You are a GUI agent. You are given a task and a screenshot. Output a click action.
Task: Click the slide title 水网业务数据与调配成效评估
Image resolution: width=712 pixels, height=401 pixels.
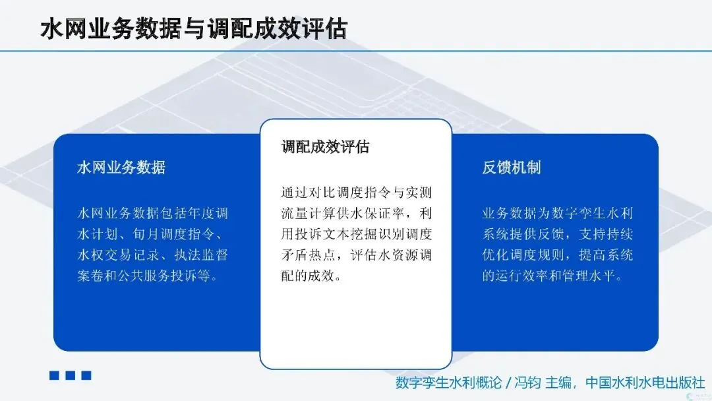(194, 28)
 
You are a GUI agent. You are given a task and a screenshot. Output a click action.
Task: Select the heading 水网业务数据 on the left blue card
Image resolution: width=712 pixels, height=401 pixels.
(121, 168)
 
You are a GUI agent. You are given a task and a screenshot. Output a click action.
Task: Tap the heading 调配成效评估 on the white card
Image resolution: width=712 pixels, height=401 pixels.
(325, 146)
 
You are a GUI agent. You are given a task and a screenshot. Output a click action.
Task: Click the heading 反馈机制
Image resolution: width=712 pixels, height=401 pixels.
(512, 168)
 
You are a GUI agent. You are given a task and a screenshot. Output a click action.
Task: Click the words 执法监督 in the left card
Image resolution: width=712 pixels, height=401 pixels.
(200, 255)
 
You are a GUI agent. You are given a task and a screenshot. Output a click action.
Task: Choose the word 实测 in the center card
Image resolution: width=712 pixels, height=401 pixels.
(419, 193)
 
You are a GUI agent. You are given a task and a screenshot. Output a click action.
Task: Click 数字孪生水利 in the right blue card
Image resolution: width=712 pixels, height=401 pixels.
(592, 214)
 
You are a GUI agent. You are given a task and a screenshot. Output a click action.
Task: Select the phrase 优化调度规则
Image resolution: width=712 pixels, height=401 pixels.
(523, 255)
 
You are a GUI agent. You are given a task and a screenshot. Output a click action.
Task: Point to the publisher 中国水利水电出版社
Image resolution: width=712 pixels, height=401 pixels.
(644, 383)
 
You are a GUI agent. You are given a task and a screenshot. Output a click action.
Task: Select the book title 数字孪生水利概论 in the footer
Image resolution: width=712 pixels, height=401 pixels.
(448, 383)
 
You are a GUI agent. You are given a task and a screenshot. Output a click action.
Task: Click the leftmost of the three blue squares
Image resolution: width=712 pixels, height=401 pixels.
(54, 375)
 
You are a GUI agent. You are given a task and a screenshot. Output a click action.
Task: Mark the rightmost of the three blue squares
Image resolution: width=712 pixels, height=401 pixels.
(86, 375)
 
